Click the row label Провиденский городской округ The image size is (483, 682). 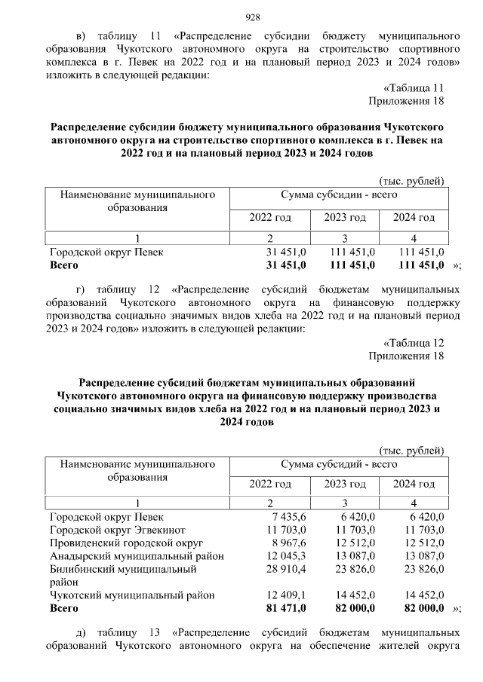click(x=126, y=543)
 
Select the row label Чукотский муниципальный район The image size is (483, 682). click(x=132, y=595)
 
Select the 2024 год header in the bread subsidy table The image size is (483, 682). click(x=414, y=484)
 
